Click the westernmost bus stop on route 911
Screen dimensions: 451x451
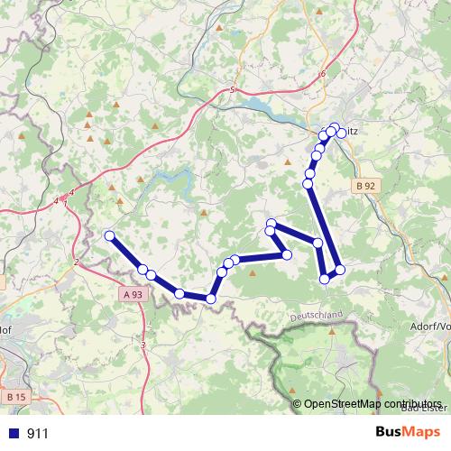(x=110, y=236)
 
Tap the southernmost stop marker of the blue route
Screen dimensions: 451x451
(x=211, y=299)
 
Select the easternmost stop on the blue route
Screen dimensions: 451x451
(x=340, y=269)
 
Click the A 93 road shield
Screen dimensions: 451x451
(x=131, y=295)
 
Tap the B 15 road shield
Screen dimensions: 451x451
(x=15, y=396)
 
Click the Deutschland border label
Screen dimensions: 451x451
(x=318, y=316)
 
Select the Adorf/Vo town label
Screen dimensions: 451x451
(x=428, y=326)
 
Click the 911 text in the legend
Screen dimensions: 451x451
(x=38, y=433)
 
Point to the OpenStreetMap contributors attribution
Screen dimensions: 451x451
(x=372, y=404)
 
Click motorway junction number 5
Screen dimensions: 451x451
(x=232, y=90)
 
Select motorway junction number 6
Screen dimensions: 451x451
(x=321, y=74)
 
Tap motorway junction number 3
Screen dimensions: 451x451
(x=143, y=345)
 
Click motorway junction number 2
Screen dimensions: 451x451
(x=77, y=262)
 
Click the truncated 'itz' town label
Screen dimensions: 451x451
(x=353, y=133)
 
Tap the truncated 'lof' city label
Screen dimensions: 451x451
(x=5, y=327)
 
